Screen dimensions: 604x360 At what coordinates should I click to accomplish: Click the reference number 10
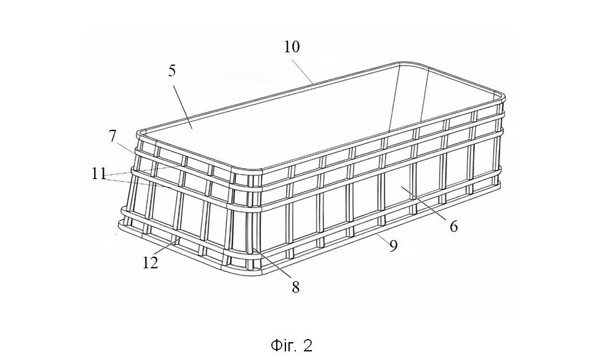pos(292,47)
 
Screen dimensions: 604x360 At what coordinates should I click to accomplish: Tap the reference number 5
pos(172,71)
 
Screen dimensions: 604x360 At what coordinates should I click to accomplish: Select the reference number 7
pos(112,136)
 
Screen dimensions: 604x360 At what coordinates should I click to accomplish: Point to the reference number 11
pos(98,174)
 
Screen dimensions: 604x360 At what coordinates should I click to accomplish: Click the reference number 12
pos(150,263)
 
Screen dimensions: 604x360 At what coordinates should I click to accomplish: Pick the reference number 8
pos(295,287)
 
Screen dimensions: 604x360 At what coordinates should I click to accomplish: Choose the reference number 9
pos(393,246)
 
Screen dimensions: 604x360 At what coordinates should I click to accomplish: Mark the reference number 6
pos(454,226)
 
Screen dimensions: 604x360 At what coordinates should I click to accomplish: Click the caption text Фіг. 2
pos(292,345)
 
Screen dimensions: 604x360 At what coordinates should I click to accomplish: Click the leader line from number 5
pos(183,106)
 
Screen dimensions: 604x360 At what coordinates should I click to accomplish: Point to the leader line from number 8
pos(272,263)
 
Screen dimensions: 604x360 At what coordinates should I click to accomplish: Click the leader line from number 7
pos(126,149)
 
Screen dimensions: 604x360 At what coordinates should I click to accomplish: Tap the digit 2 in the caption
pos(308,346)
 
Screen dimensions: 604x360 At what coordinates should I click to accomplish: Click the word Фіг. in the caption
pos(284,345)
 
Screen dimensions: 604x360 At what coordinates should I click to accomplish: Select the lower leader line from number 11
pos(138,182)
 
